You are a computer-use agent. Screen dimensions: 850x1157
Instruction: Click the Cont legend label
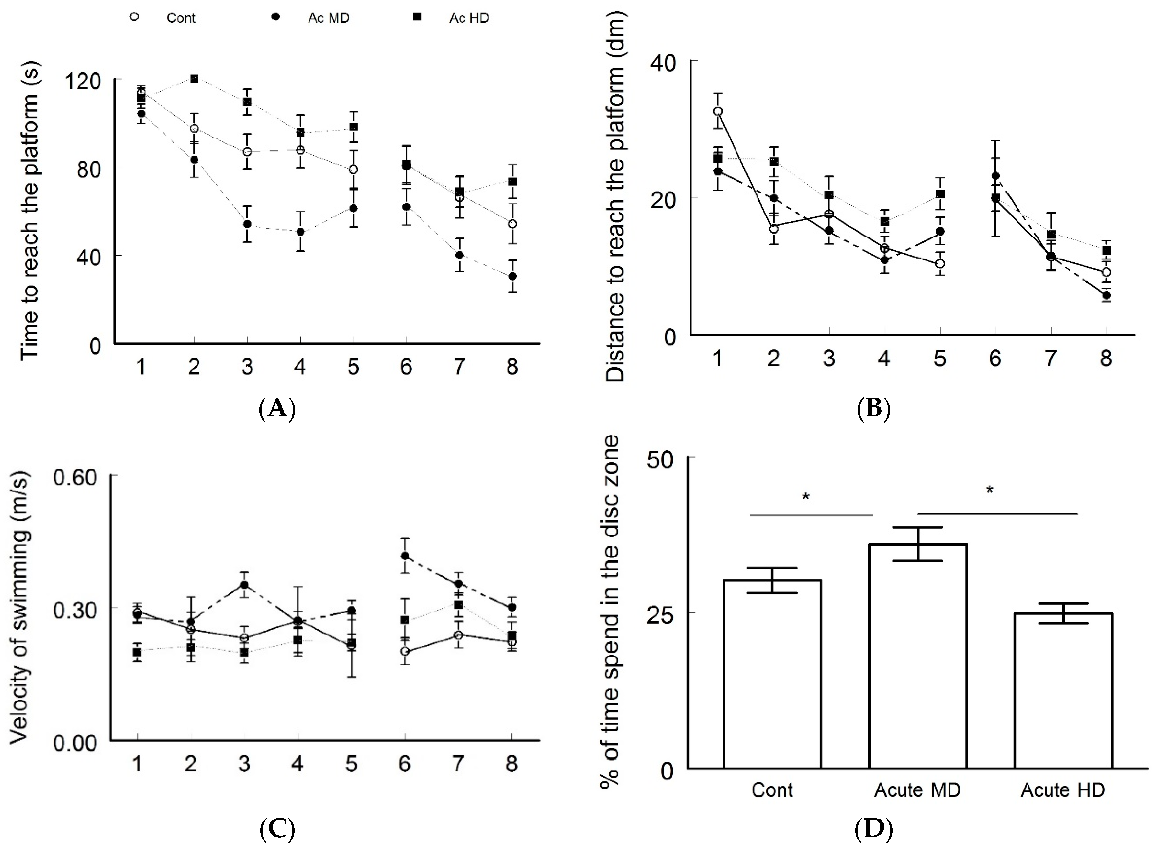181,18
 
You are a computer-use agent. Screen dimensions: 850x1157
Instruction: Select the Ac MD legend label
328,18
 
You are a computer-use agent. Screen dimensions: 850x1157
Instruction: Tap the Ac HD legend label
469,18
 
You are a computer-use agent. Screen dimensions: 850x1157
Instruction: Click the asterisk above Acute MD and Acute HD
989,490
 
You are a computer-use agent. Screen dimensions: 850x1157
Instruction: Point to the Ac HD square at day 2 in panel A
194,79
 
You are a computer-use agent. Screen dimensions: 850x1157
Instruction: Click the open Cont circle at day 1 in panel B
718,111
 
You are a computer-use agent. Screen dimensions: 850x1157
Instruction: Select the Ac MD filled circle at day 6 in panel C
405,556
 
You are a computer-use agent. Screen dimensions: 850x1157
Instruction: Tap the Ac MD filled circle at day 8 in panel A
512,276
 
